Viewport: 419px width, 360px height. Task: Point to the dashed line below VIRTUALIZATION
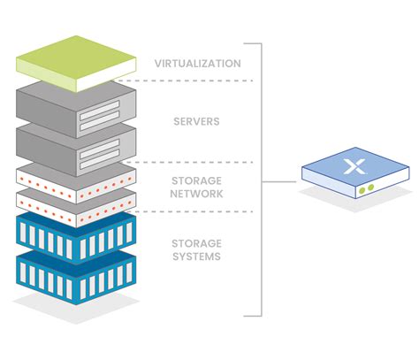[x=194, y=80]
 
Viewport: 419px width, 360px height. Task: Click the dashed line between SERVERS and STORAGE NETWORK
[x=194, y=162]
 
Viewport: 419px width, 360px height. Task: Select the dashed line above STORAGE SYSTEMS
[x=194, y=211]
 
